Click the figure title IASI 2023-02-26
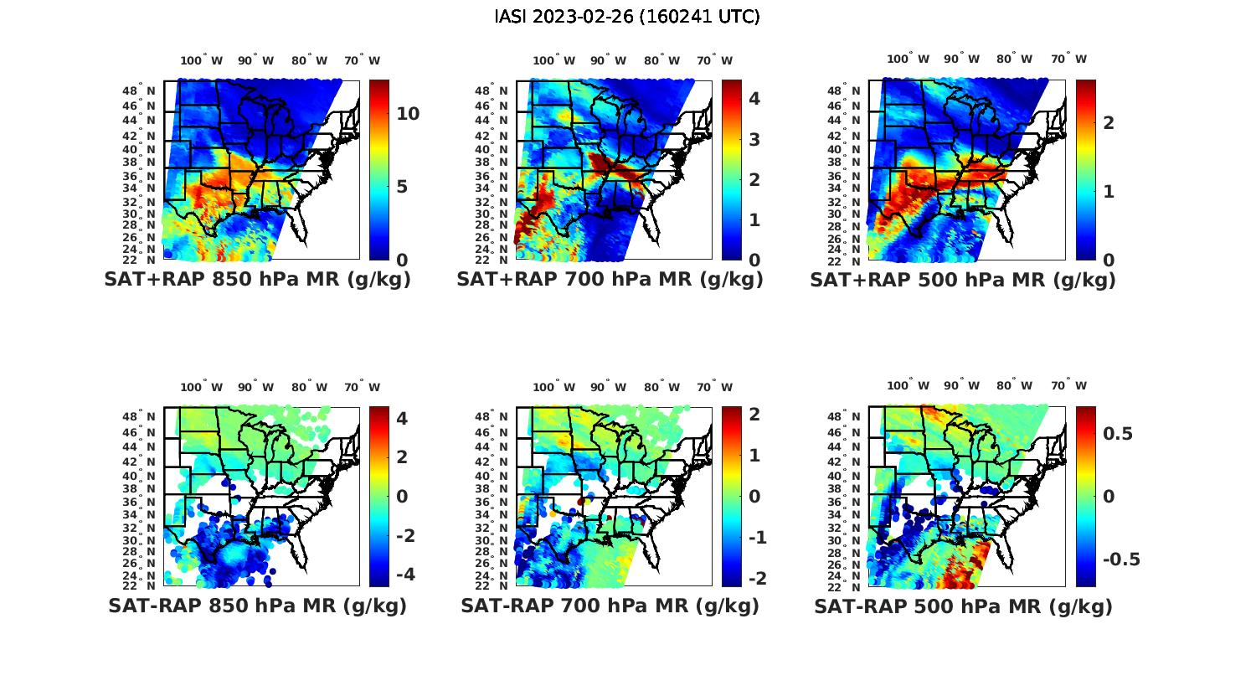point(627,17)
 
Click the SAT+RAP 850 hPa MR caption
point(257,280)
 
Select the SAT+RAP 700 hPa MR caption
point(610,280)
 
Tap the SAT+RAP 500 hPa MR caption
point(963,280)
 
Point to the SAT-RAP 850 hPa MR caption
point(257,606)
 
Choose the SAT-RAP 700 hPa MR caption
point(610,606)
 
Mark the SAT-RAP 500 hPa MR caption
point(963,606)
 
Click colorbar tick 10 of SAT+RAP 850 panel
point(408,114)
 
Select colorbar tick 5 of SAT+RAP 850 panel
point(402,186)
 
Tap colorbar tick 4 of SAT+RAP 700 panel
point(754,98)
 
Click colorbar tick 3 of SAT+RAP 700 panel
point(754,139)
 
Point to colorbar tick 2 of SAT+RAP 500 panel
point(1109,122)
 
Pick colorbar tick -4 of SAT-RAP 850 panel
point(404,575)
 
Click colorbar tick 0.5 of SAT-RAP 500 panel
point(1118,433)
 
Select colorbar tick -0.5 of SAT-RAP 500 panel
point(1121,560)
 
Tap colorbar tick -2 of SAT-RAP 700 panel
point(757,578)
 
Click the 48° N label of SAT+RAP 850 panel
point(139,90)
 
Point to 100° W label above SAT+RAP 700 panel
point(553,60)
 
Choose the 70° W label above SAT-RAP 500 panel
point(1068,386)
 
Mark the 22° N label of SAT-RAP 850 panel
point(139,585)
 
